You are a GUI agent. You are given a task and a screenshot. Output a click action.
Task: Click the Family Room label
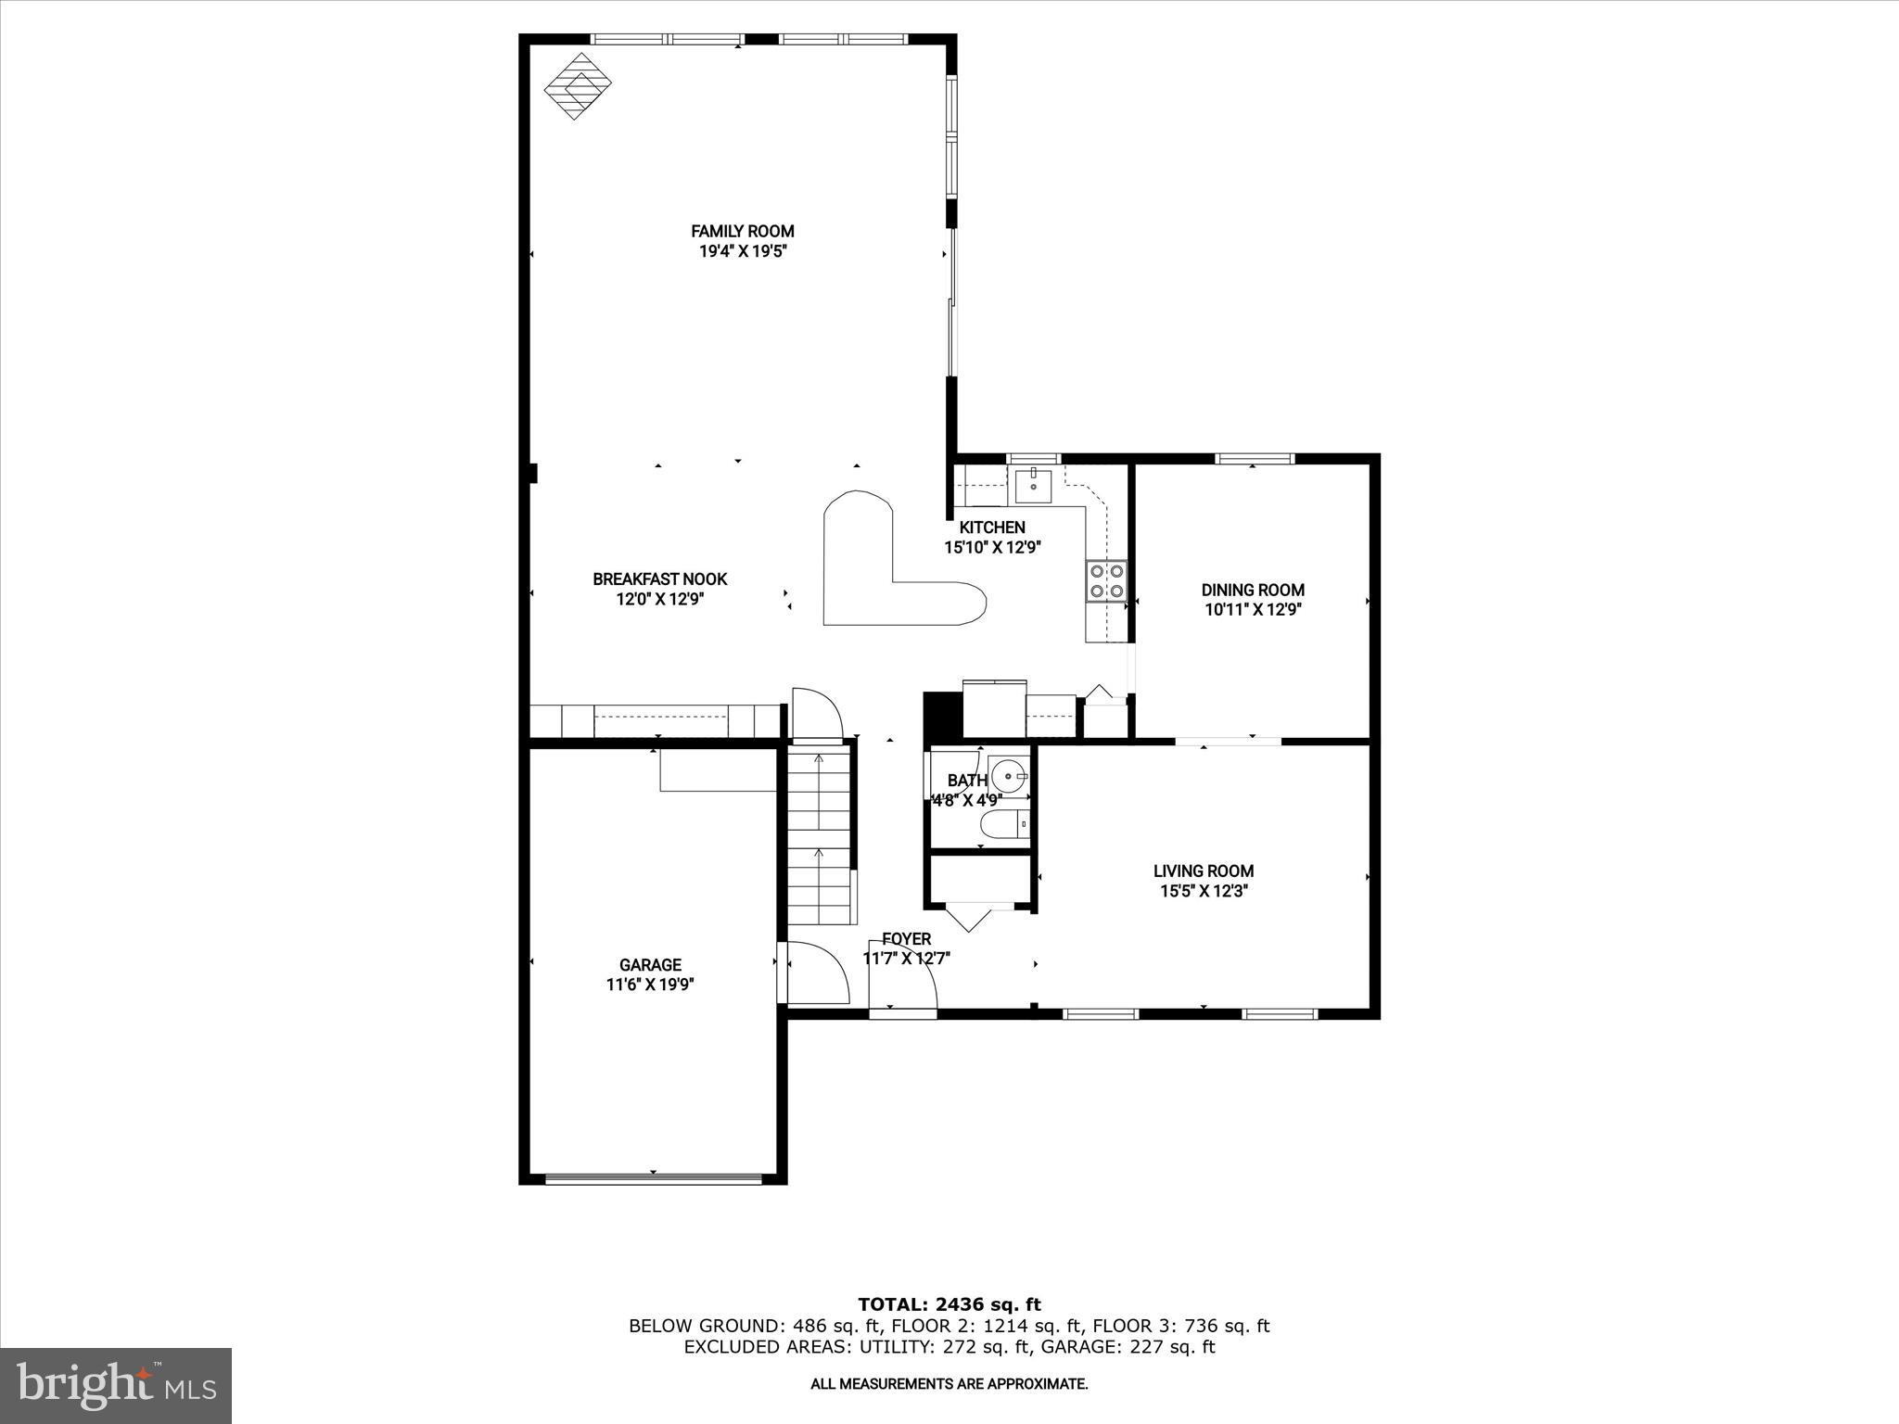pyautogui.click(x=742, y=231)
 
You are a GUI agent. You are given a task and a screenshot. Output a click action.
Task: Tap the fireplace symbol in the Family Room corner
pyautogui.click(x=577, y=85)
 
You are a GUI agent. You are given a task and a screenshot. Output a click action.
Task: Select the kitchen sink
pyautogui.click(x=1033, y=484)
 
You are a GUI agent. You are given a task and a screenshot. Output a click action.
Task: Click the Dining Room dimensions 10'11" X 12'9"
pyautogui.click(x=1253, y=610)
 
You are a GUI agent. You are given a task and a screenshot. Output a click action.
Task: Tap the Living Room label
pyautogui.click(x=1203, y=871)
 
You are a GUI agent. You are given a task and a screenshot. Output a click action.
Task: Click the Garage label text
pyautogui.click(x=650, y=965)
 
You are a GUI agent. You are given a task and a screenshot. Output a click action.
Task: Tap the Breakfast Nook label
pyautogui.click(x=659, y=579)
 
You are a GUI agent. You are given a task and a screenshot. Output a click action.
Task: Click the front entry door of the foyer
pyautogui.click(x=902, y=1012)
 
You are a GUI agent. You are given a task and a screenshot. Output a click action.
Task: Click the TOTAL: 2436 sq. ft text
pyautogui.click(x=949, y=1304)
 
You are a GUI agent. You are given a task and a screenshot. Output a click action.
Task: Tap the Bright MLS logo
pyautogui.click(x=116, y=1386)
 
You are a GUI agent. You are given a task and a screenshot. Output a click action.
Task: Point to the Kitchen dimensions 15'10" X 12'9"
pyautogui.click(x=992, y=548)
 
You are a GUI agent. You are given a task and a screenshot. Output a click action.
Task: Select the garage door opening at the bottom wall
pyautogui.click(x=653, y=1179)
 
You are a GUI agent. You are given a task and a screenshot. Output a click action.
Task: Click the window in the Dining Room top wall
pyautogui.click(x=1255, y=458)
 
